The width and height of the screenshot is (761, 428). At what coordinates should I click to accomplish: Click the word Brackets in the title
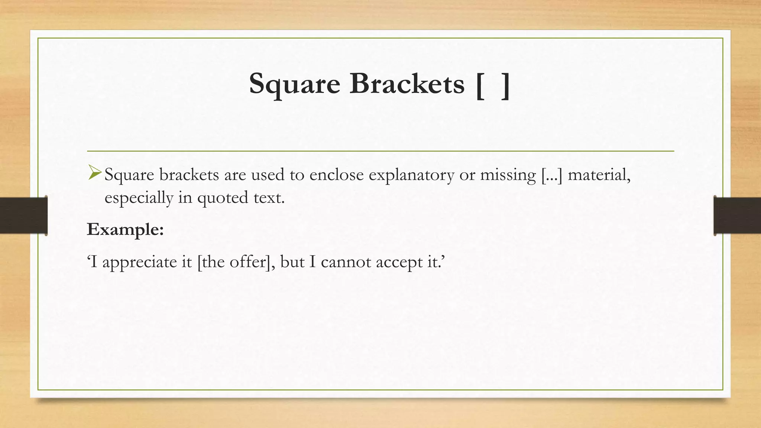pos(407,83)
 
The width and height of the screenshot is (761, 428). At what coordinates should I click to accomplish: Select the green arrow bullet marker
pos(95,173)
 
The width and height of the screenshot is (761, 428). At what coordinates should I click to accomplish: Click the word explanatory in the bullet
pos(411,175)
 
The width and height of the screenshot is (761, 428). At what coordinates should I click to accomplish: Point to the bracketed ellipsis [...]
pos(551,175)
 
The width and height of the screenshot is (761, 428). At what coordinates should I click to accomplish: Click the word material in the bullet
pos(599,175)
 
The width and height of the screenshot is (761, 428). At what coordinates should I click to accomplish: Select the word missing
pos(508,175)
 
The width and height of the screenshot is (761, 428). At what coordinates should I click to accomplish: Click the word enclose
pos(336,175)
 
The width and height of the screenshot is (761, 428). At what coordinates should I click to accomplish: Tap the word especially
pos(139,198)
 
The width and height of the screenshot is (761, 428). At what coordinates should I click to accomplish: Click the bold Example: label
pos(125,230)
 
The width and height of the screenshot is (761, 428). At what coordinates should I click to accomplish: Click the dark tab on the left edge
pos(23,215)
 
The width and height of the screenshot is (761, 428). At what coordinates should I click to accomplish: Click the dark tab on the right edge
pos(737,215)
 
